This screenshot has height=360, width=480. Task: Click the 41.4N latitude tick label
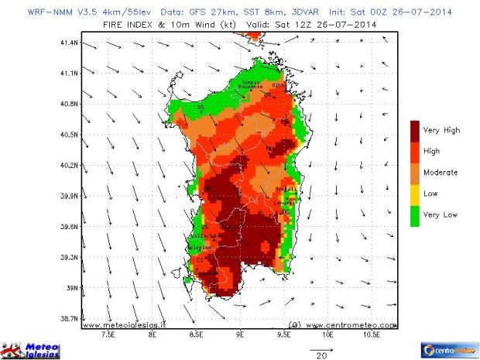(70, 43)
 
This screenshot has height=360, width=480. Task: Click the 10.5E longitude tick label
(371, 337)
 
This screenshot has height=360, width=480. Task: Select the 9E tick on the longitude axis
(240, 337)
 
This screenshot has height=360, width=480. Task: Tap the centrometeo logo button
(448, 349)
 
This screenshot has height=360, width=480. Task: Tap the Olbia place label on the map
(279, 85)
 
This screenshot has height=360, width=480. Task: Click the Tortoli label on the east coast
(286, 190)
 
